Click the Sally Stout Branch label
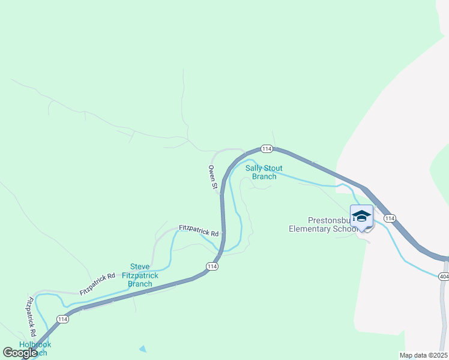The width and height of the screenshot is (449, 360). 264,172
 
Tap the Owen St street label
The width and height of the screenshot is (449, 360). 212,178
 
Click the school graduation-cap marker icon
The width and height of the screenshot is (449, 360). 361,216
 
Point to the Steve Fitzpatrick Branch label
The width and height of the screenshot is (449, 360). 140,275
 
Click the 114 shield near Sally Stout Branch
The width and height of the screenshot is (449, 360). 267,149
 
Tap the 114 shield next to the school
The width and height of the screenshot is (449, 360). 390,218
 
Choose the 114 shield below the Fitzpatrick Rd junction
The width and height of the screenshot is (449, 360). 211,266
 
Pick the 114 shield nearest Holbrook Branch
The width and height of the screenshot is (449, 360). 62,319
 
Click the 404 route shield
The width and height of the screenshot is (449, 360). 444,276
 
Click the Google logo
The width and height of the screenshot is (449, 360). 20,353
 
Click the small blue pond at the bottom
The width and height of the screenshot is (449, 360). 142,349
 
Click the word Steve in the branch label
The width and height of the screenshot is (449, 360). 140,267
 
